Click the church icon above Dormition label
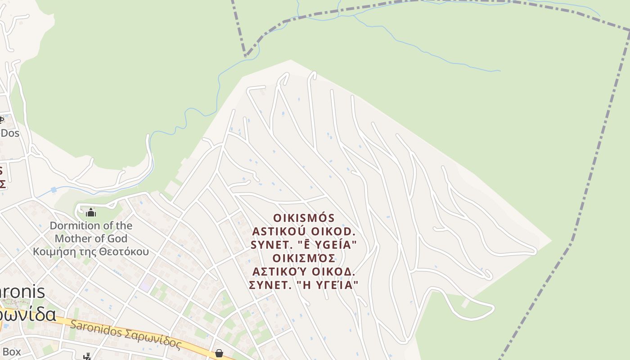click(x=91, y=212)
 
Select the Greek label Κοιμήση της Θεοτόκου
click(x=90, y=251)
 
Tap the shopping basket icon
click(x=219, y=353)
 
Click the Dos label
click(x=9, y=133)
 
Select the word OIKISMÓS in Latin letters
click(x=304, y=218)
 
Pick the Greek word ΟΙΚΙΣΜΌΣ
click(x=304, y=258)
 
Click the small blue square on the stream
click(x=54, y=190)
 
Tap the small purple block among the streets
click(x=145, y=285)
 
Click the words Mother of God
click(x=91, y=238)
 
